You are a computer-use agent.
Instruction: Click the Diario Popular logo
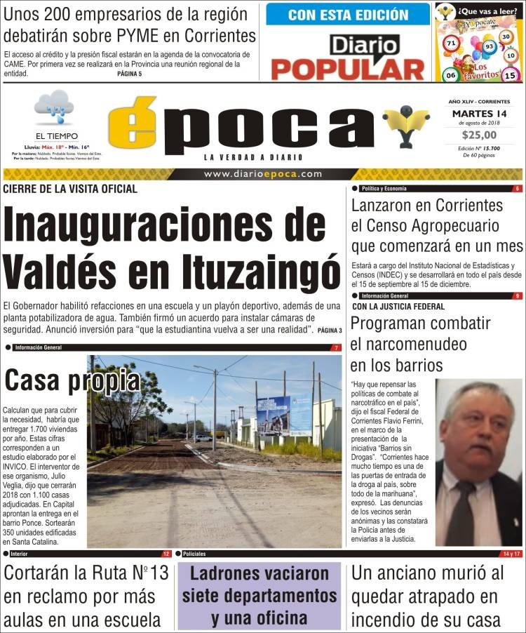coord(347,57)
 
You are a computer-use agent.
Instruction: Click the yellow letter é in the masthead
coord(133,126)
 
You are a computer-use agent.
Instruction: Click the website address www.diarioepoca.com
coord(263,174)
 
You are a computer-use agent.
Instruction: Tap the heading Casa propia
coord(72,380)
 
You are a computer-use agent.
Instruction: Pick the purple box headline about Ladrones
coord(259,596)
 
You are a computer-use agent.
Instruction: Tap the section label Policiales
coord(194,554)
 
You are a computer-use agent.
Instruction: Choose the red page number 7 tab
coord(336,347)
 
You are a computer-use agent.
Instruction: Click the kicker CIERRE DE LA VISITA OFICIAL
coord(70,189)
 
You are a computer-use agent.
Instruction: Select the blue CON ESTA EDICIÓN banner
coord(348,14)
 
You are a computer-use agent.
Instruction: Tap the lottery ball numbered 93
coord(490,47)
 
